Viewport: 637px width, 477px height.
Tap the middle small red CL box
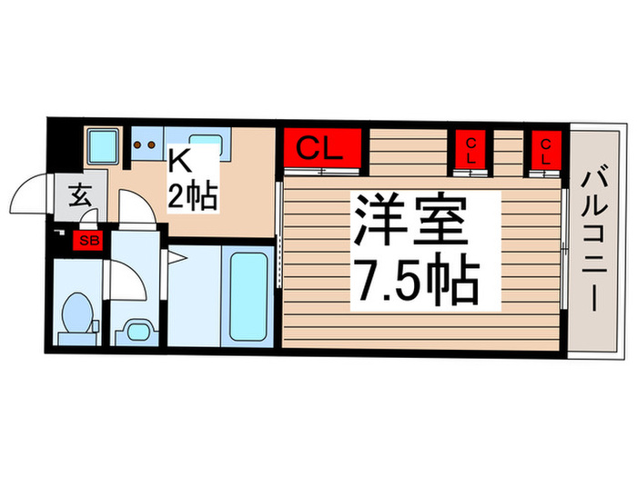point(471,151)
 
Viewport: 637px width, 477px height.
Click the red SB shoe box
point(89,241)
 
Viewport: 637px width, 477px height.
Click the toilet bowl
point(77,313)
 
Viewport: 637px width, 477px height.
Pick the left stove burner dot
point(137,144)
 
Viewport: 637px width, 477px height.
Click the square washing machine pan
point(103,145)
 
